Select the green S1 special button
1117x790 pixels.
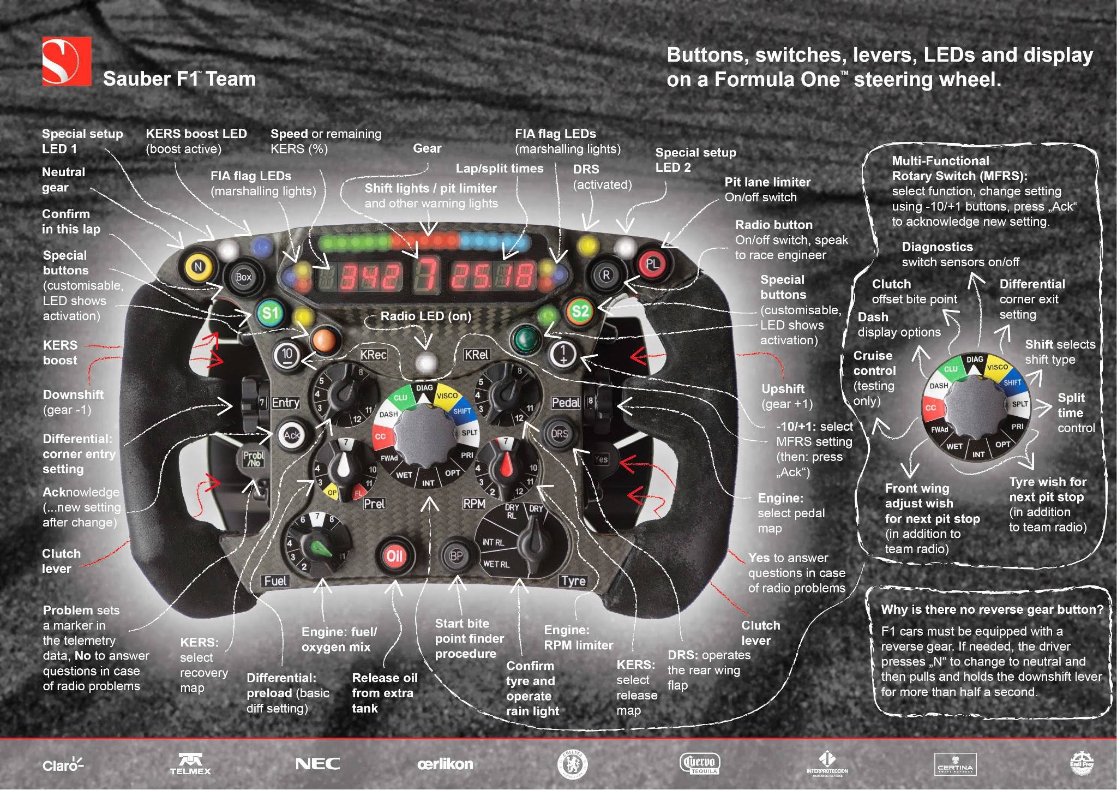pos(270,313)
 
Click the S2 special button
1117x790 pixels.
pos(580,312)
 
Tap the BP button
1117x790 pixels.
pos(456,556)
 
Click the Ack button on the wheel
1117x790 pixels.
pos(291,435)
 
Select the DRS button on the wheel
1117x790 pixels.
pos(560,434)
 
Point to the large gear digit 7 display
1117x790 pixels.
pos(425,275)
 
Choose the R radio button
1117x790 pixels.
pos(605,275)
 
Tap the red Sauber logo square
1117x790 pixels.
pos(67,61)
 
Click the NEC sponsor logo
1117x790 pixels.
pos(317,764)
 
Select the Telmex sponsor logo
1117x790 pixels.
pos(190,764)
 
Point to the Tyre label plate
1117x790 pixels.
pos(573,581)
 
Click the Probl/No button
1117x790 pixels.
pos(254,459)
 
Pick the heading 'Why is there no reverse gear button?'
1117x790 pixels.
pos(992,609)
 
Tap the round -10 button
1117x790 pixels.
pos(287,355)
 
